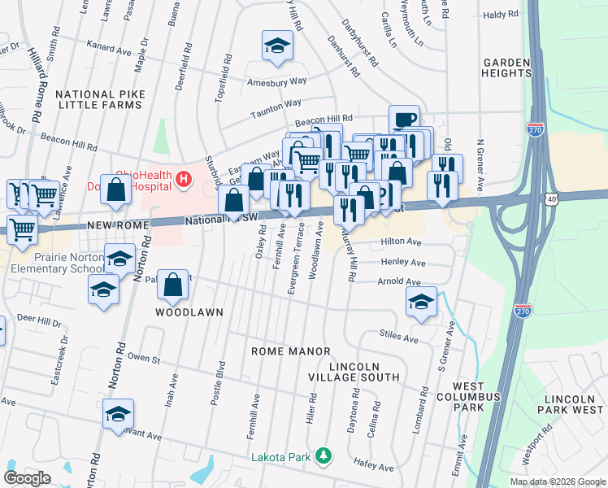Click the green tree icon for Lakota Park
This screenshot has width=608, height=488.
(324, 455)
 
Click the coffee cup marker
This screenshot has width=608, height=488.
(404, 119)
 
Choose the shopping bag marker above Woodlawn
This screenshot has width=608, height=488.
(172, 285)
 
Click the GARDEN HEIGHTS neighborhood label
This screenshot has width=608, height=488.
(506, 68)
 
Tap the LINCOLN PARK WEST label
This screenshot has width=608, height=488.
(569, 405)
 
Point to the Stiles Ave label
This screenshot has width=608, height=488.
(398, 335)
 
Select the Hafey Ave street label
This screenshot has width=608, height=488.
(374, 468)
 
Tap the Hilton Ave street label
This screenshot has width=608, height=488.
(402, 242)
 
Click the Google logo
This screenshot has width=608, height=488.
(27, 478)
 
